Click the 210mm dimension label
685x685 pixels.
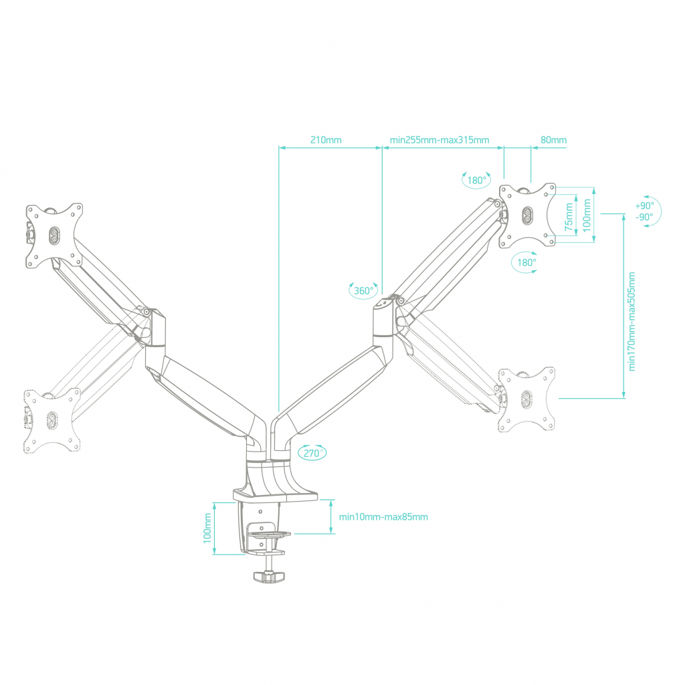(x=326, y=140)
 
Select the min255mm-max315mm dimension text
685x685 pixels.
(x=439, y=140)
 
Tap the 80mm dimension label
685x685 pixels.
(x=553, y=140)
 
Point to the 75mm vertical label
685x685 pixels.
(x=569, y=217)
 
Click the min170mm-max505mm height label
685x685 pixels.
(x=631, y=322)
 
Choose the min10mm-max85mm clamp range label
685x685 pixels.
(x=383, y=517)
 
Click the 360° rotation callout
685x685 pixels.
(x=363, y=290)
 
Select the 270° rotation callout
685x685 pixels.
(x=312, y=453)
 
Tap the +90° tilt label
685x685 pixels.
(x=645, y=205)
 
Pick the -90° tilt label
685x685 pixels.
(x=645, y=217)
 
